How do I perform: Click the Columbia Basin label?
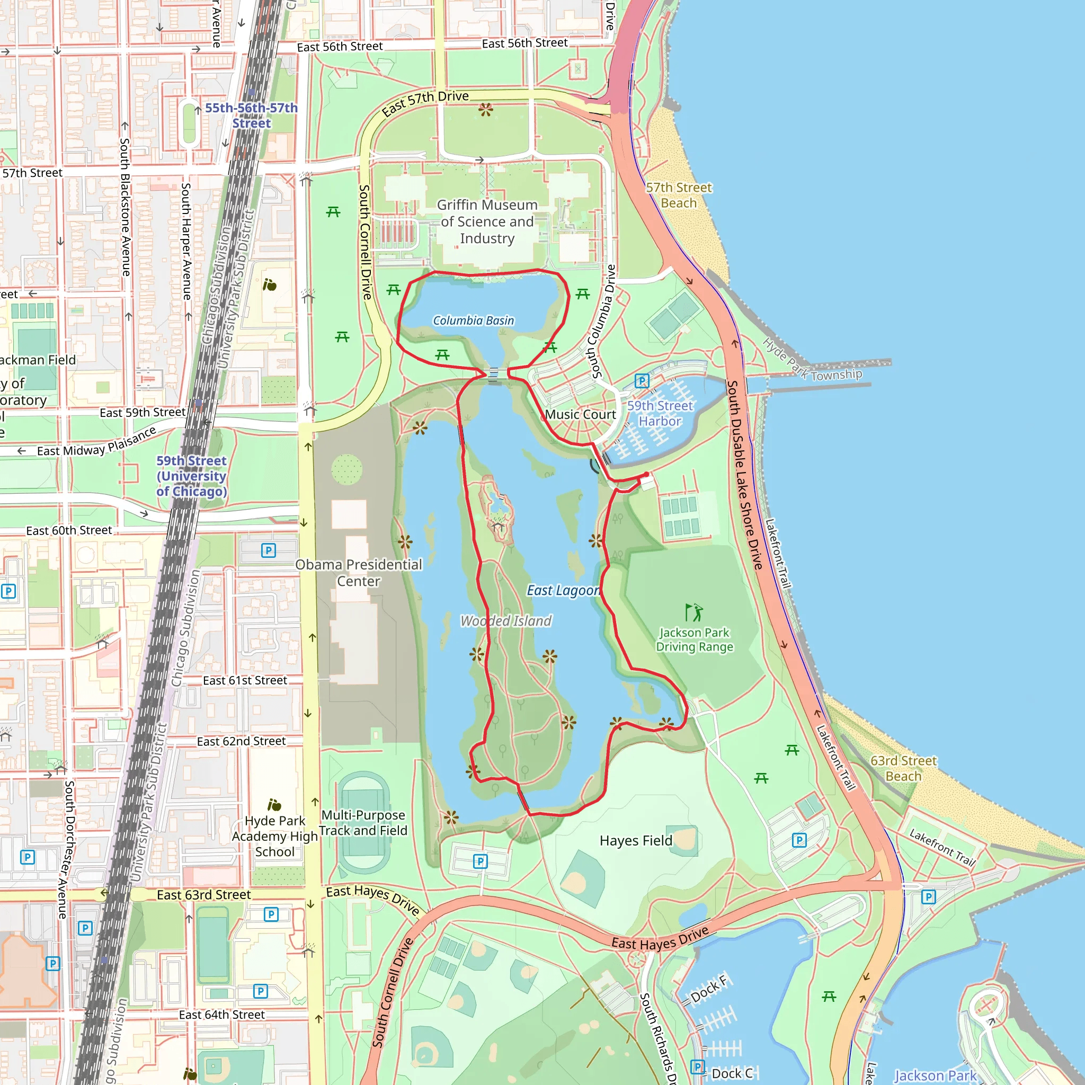click(x=473, y=320)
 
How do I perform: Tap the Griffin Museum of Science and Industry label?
click(x=487, y=221)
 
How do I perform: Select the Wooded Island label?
click(x=505, y=620)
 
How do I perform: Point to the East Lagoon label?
click(x=563, y=590)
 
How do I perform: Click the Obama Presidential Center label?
click(x=358, y=572)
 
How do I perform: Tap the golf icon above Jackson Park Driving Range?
click(x=693, y=611)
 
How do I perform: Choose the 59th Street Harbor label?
click(x=660, y=413)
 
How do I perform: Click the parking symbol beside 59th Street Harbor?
click(x=642, y=381)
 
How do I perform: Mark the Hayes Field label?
click(x=635, y=840)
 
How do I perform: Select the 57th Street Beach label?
click(x=679, y=195)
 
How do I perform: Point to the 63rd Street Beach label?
click(x=903, y=768)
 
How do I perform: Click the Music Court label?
click(x=580, y=414)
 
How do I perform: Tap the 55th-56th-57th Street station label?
click(x=251, y=115)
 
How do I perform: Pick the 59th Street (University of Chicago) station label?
click(x=191, y=476)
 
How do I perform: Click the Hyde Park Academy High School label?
click(x=274, y=835)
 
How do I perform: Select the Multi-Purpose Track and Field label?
click(x=363, y=822)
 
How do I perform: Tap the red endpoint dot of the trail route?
click(x=646, y=475)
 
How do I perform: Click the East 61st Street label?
click(x=245, y=680)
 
